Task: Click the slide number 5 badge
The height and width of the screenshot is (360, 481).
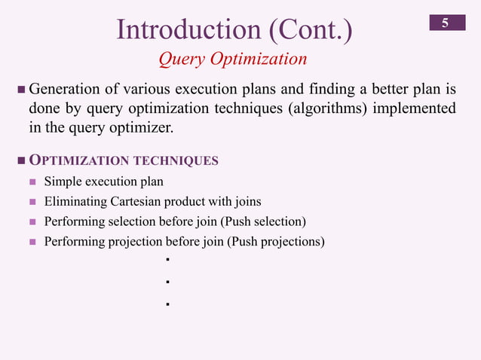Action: (446, 23)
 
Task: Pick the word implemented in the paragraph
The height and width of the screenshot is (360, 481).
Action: (413, 108)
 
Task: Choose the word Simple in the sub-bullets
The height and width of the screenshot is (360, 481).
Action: (63, 182)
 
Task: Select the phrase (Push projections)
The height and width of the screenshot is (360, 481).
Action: (276, 242)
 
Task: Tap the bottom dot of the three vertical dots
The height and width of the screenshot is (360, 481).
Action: (165, 305)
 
